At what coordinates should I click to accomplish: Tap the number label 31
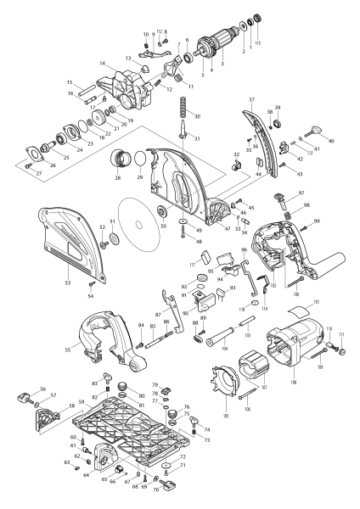[198, 138]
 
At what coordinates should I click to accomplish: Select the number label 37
[251, 99]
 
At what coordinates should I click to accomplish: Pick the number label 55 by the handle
[69, 348]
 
